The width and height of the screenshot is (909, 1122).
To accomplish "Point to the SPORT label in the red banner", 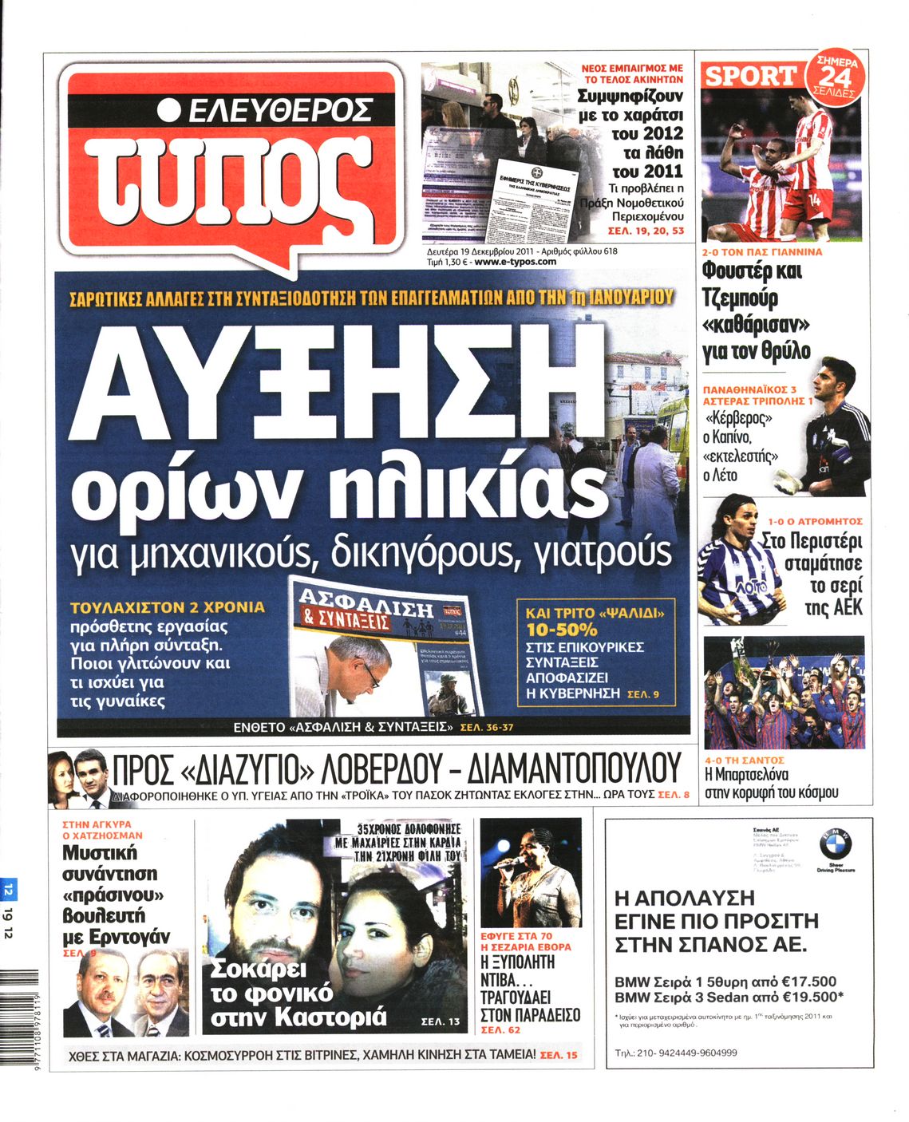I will tap(750, 77).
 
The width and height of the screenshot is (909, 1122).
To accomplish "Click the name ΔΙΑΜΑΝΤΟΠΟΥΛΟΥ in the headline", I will tap(573, 769).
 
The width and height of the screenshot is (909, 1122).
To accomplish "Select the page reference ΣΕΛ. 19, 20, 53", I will tap(645, 231).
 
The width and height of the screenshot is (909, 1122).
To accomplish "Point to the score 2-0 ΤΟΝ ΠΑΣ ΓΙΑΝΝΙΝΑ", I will tap(762, 252).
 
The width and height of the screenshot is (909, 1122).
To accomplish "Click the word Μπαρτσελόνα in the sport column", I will tap(747, 775).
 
